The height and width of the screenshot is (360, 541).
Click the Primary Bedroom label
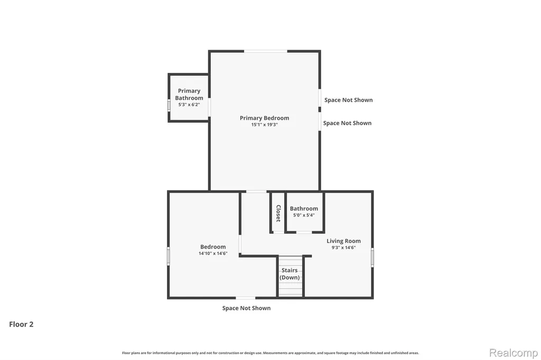click(264, 118)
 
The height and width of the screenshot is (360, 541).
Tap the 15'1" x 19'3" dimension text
click(264, 125)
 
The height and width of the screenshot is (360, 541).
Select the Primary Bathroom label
click(189, 94)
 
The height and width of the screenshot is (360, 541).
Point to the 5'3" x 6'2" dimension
click(189, 105)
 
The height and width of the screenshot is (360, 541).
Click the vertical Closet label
click(278, 213)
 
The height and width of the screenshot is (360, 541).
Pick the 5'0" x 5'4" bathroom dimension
click(304, 215)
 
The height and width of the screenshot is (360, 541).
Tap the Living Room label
click(343, 241)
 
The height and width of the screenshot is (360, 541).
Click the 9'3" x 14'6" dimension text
click(343, 248)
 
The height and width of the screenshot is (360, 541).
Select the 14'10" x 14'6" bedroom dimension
click(213, 253)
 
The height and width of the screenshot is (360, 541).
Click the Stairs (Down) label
click(290, 274)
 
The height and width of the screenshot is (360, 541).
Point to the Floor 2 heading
click(21, 324)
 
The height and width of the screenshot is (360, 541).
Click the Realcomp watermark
click(514, 353)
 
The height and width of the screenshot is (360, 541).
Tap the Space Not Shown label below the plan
click(246, 308)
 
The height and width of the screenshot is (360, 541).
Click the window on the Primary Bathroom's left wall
click(169, 105)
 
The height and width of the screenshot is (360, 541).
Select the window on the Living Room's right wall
click(372, 257)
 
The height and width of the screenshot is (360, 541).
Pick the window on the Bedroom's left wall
click(169, 256)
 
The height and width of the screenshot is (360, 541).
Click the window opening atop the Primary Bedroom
click(266, 51)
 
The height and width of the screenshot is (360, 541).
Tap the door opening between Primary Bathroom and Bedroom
click(209, 107)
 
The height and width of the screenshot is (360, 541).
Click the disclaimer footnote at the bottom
click(270, 353)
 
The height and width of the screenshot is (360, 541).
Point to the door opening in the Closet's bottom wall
click(278, 232)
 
